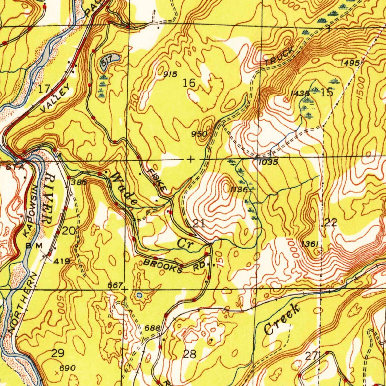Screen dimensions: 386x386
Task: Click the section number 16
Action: pyautogui.click(x=189, y=83)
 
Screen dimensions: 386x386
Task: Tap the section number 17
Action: pyautogui.click(x=44, y=89)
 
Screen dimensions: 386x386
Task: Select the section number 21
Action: pyautogui.click(x=199, y=223)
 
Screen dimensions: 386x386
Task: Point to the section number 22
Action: pyautogui.click(x=331, y=222)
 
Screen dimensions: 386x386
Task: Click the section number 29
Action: pyautogui.click(x=58, y=353)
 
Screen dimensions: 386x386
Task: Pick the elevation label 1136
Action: pyautogui.click(x=239, y=190)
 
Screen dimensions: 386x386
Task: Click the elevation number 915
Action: pyautogui.click(x=170, y=74)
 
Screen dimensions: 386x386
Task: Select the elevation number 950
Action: pyautogui.click(x=199, y=134)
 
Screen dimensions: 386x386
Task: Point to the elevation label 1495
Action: pyautogui.click(x=349, y=63)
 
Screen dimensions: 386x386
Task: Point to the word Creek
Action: pyautogui.click(x=282, y=319)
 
